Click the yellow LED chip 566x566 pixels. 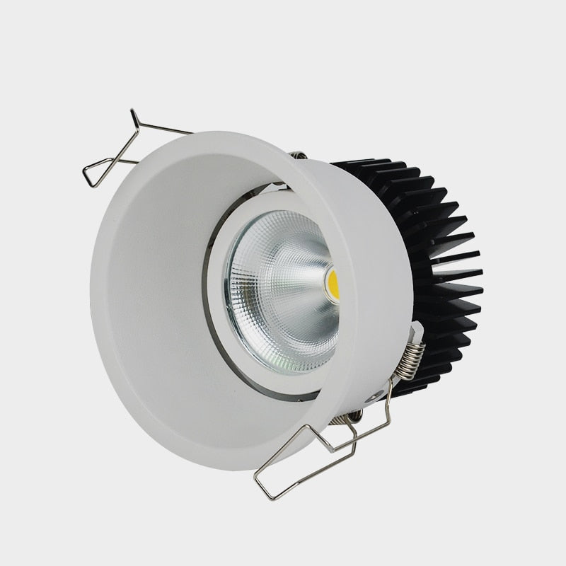(x=333, y=283)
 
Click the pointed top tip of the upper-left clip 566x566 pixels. (x=132, y=112)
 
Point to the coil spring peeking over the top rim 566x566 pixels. (x=298, y=155)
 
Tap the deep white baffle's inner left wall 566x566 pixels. (x=149, y=297)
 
